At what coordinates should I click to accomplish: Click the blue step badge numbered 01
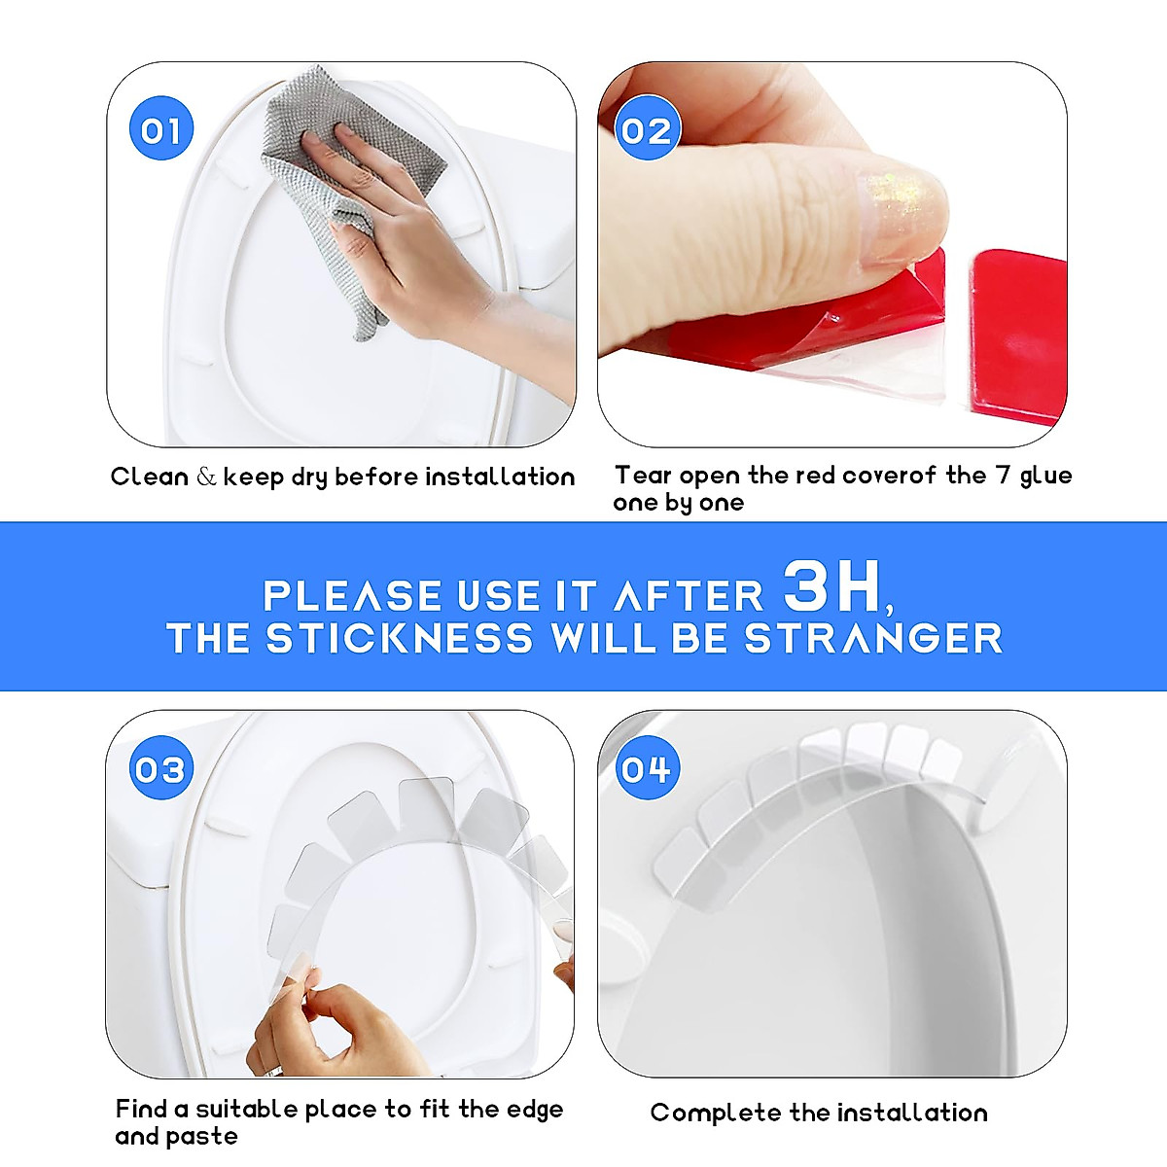(160, 130)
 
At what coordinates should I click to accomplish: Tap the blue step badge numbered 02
(647, 130)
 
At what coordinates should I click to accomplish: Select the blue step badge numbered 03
(160, 769)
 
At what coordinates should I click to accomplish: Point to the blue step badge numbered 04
(647, 769)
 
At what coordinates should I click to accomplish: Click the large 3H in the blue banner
(832, 587)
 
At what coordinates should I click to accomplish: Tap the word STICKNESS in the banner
(400, 639)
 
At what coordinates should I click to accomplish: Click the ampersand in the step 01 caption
(206, 477)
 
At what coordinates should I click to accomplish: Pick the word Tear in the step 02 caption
(643, 476)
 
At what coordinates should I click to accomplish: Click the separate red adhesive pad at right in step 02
(1016, 331)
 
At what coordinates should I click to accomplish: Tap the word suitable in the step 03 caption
(247, 1110)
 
